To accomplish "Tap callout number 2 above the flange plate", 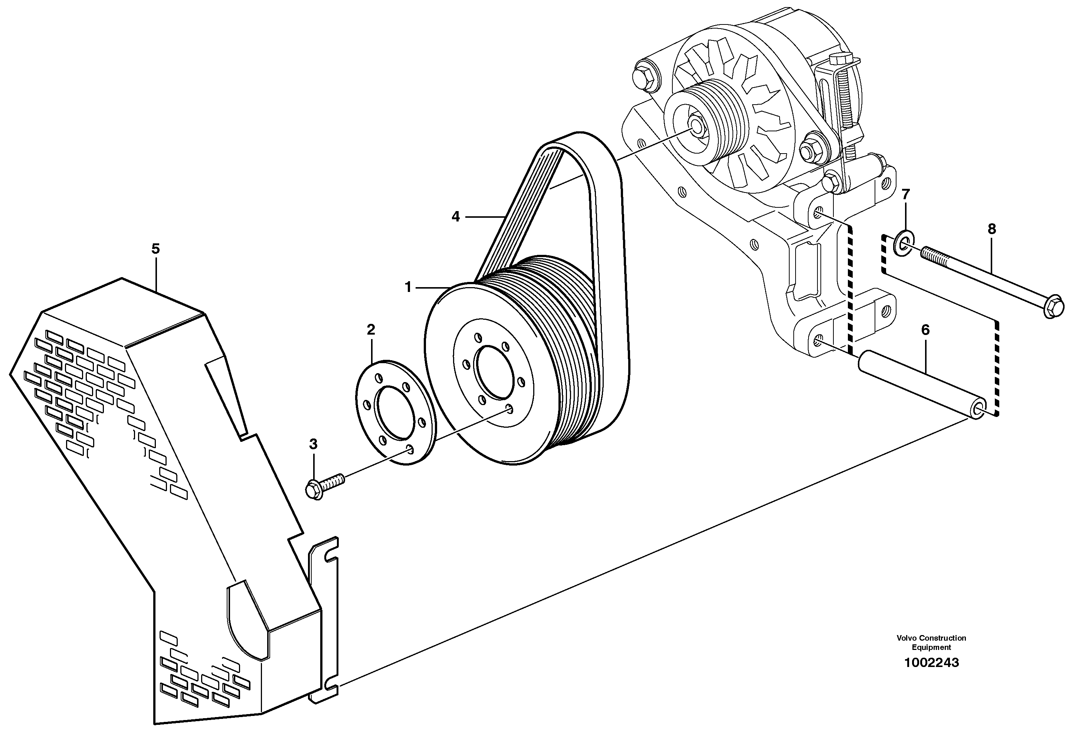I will click(x=371, y=330).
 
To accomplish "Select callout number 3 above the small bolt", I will click(x=313, y=444).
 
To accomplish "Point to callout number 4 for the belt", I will click(x=456, y=217).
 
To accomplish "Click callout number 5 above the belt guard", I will click(x=155, y=249).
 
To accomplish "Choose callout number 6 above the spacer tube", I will click(x=925, y=330).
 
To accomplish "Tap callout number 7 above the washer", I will click(x=905, y=194).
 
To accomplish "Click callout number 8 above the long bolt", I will click(x=992, y=229).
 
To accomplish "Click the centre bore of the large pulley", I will click(x=492, y=372).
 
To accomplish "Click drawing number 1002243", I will click(x=931, y=663).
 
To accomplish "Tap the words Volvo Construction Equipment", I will click(x=931, y=643).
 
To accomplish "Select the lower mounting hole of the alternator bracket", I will click(x=817, y=341).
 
